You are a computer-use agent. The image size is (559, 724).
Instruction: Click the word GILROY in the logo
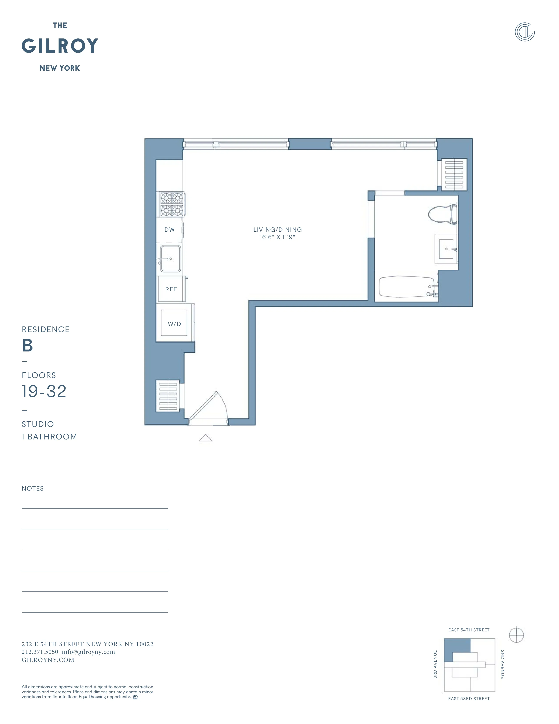60,46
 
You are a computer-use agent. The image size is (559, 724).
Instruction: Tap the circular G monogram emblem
525,32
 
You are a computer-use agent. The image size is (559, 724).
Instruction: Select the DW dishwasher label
169,230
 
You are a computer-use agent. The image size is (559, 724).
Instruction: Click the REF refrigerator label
171,289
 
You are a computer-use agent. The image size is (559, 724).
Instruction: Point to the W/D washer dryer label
174,324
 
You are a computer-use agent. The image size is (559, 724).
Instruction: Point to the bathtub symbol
407,287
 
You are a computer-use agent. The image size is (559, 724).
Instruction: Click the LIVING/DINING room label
278,229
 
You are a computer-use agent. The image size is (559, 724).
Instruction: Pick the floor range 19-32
44,391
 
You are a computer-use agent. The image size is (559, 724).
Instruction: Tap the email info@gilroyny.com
88,652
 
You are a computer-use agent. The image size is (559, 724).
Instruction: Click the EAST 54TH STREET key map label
469,630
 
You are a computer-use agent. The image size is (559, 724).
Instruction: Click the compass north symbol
516,635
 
